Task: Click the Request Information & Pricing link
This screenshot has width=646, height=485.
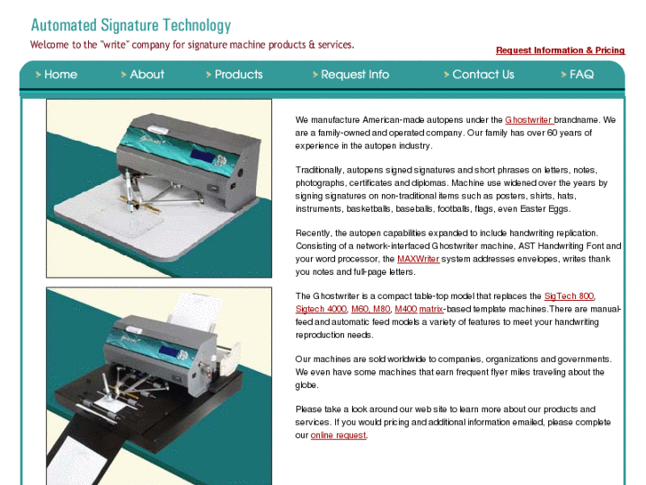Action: coord(560,51)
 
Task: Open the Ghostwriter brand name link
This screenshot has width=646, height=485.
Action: coord(528,119)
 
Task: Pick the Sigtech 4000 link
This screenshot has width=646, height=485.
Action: coord(320,309)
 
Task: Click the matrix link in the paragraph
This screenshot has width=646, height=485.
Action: coord(431,309)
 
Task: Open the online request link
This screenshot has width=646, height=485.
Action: coord(338,435)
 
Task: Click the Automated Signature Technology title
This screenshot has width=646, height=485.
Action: coord(131,26)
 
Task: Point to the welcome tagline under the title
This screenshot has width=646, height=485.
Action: coord(192,44)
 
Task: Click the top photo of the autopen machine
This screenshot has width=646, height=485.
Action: coord(159,189)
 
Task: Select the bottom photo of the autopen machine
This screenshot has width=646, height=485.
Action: coord(159,381)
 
